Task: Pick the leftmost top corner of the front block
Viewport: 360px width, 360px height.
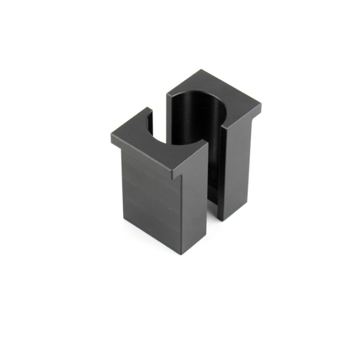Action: (x=112, y=136)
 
